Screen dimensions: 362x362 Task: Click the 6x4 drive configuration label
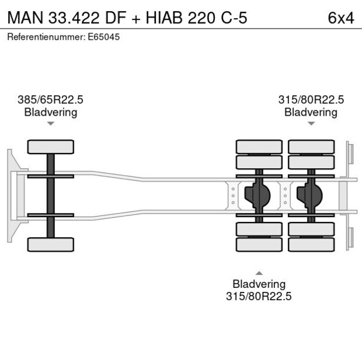[x=341, y=18]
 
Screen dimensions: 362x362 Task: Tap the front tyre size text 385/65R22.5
[x=50, y=100]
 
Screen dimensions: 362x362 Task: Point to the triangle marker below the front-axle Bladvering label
[x=51, y=123]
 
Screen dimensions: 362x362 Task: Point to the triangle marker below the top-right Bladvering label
[x=311, y=123]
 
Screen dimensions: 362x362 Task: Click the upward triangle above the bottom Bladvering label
[x=259, y=273]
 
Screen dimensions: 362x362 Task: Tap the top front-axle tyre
[x=51, y=147]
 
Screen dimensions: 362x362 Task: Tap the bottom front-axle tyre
[x=51, y=244]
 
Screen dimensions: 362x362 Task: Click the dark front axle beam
[x=51, y=196]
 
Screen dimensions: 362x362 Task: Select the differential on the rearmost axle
[x=311, y=196]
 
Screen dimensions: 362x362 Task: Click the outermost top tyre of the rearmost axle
[x=311, y=147]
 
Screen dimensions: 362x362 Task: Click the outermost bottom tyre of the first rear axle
[x=259, y=244]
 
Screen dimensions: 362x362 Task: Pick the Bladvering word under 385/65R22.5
[x=50, y=112]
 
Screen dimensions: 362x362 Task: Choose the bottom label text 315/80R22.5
[x=259, y=296]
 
